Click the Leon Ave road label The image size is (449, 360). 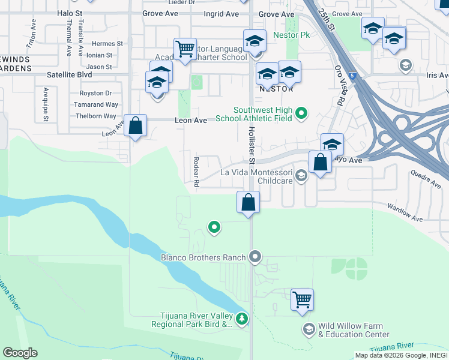[x=191, y=121]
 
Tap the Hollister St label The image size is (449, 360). [x=252, y=145]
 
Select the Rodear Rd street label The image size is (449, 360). [x=196, y=172]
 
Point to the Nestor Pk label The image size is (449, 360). [x=291, y=35]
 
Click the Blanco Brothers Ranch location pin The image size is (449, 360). [x=255, y=257]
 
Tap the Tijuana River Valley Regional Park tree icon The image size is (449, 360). [x=242, y=318]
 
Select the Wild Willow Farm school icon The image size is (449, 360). [x=309, y=328]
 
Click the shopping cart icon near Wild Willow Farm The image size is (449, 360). [x=302, y=299]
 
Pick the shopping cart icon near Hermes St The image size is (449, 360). [x=185, y=49]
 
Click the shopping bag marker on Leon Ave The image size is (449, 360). [x=136, y=126]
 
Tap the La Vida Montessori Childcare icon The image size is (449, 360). [x=301, y=175]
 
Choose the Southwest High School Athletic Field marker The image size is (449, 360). [x=303, y=112]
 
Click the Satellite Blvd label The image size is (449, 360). [x=70, y=76]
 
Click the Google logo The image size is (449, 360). [x=20, y=353]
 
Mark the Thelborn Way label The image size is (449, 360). [x=93, y=116]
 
